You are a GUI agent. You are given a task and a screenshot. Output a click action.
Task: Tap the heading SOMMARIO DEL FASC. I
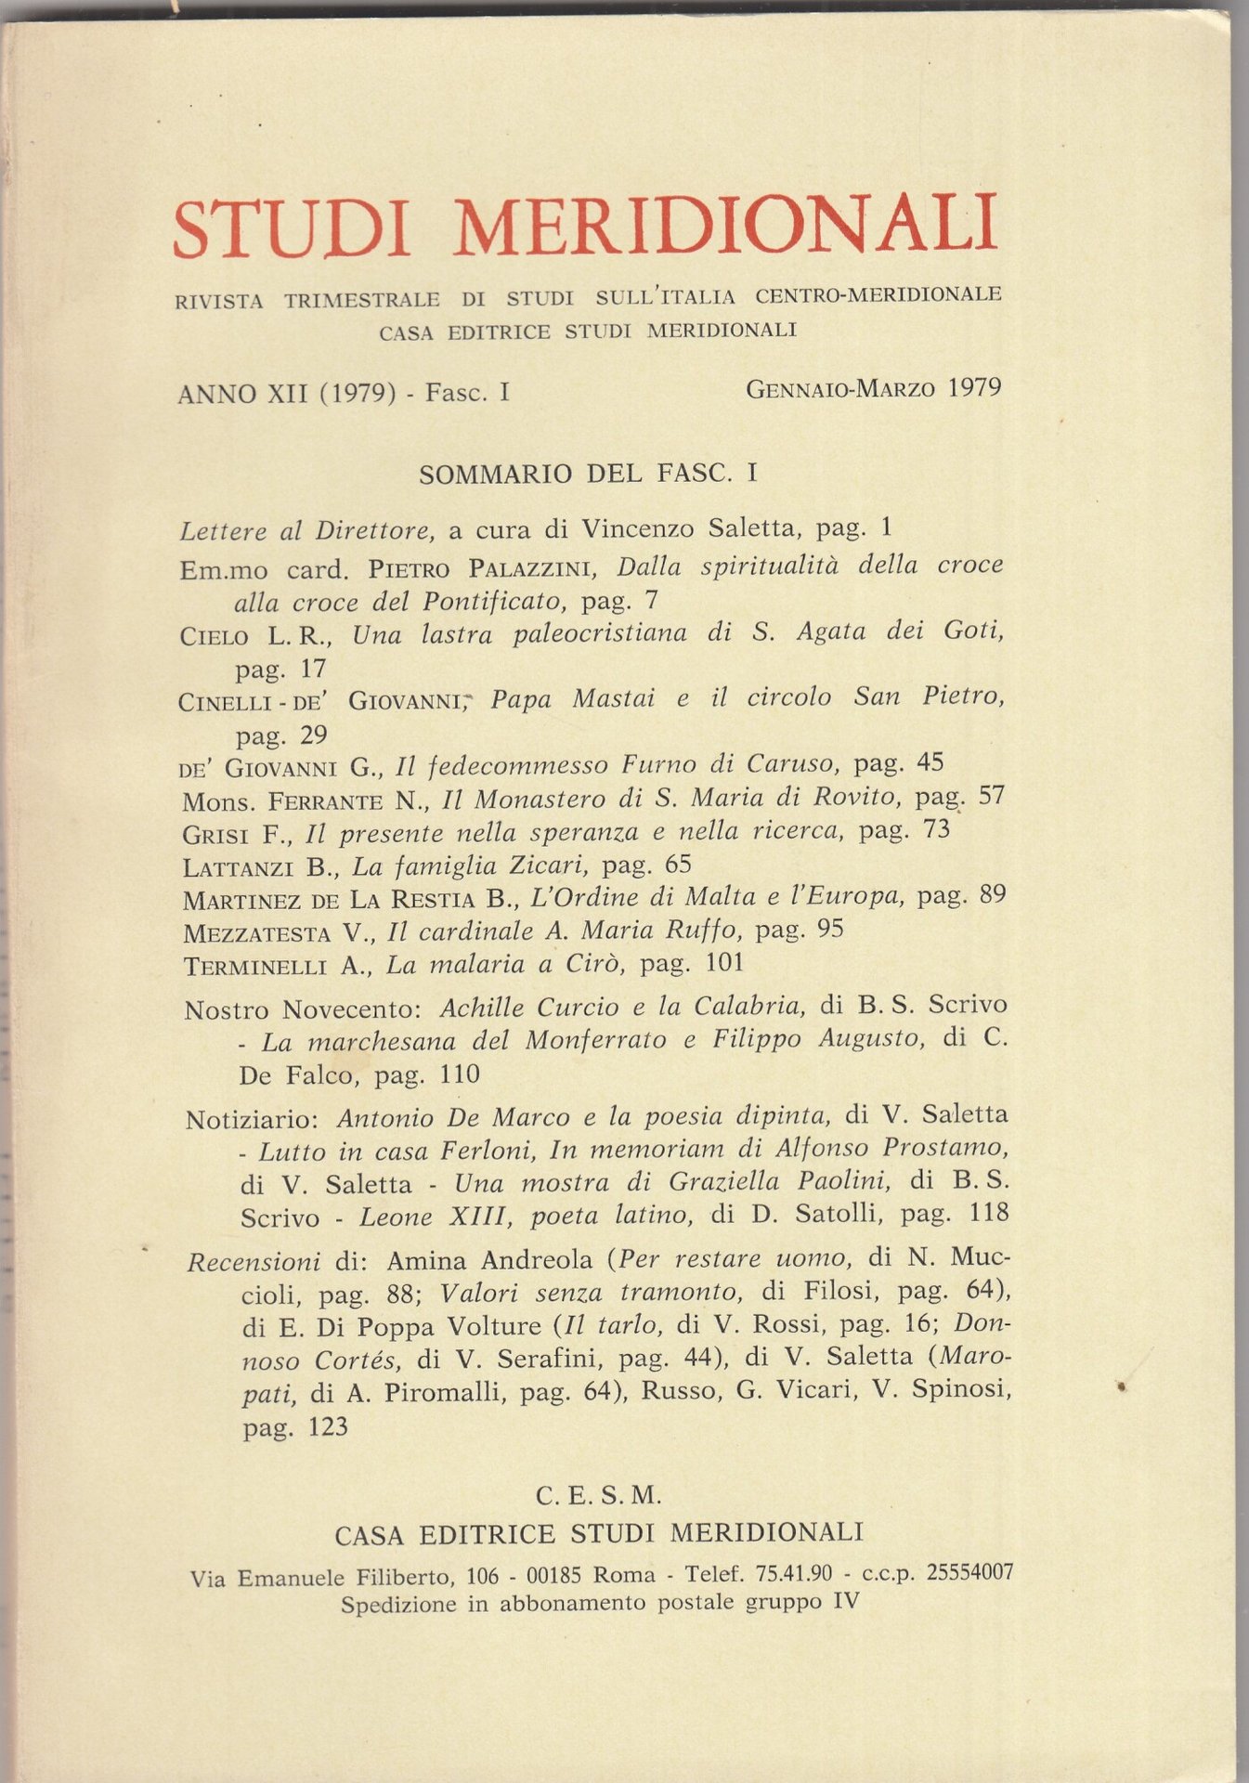(x=589, y=475)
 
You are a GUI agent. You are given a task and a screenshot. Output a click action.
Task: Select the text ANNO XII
(x=243, y=394)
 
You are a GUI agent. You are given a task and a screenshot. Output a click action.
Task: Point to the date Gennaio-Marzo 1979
(x=873, y=388)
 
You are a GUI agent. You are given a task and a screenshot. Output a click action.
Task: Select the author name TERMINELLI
(x=255, y=967)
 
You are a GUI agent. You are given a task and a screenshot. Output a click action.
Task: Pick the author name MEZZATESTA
(x=256, y=932)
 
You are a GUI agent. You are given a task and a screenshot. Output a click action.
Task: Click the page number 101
(x=723, y=962)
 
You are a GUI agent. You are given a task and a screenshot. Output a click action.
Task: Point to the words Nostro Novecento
(x=303, y=1009)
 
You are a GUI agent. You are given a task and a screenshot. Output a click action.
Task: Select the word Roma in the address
(x=623, y=1575)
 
